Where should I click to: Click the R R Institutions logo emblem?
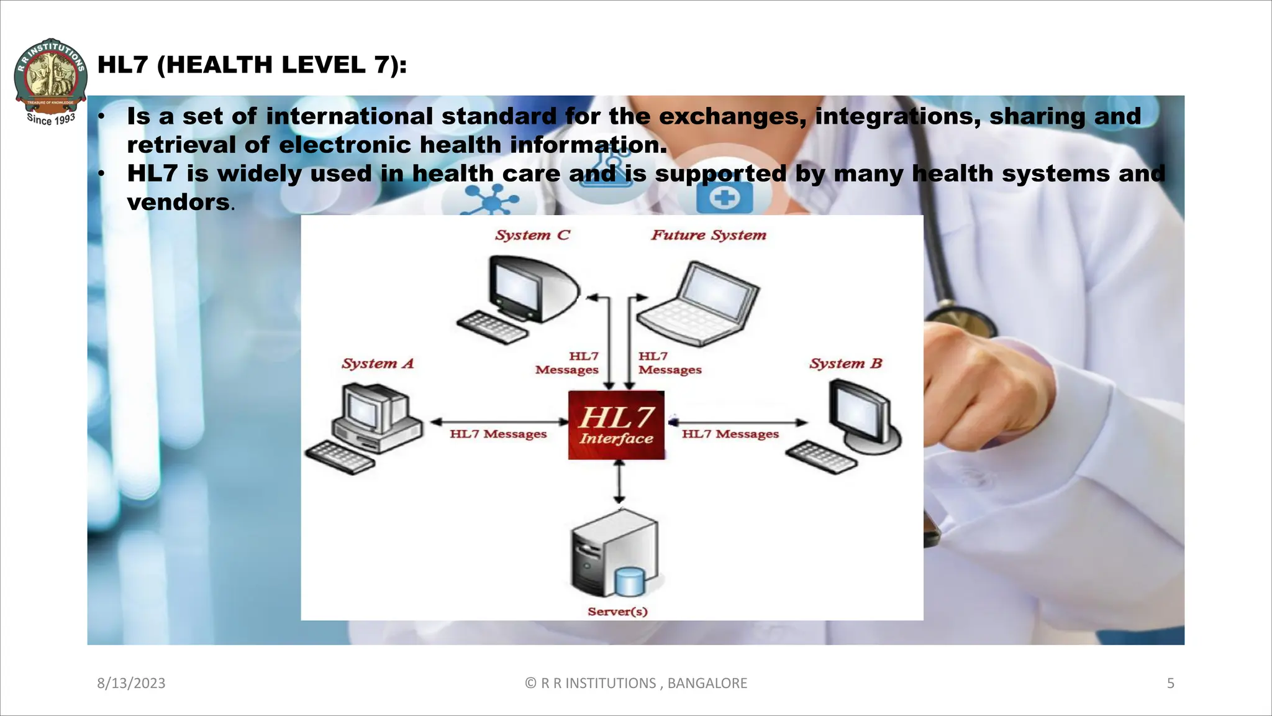point(50,78)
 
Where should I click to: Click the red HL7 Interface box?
point(616,425)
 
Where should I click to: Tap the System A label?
point(378,364)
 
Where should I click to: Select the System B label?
point(845,364)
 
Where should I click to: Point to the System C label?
point(532,235)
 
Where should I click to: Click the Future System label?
point(709,235)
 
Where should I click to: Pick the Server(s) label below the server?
point(617,612)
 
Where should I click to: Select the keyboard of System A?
point(340,457)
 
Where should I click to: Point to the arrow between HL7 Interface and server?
point(619,482)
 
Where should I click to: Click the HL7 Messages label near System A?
point(498,434)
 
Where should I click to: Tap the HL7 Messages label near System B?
point(730,434)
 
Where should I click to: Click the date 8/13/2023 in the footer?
point(131,684)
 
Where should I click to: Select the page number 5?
point(1170,684)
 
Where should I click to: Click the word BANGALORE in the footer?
point(707,684)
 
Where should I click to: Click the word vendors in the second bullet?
point(178,203)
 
